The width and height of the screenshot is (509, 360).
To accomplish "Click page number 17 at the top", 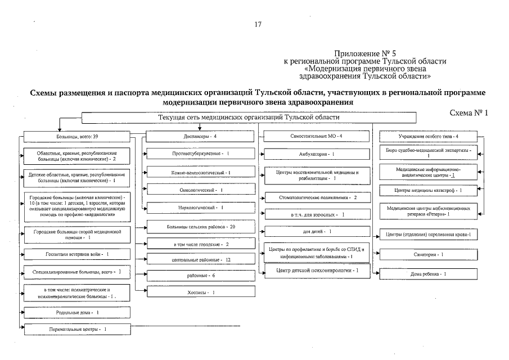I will click(258, 24).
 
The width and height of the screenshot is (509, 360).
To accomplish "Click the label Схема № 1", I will click(469, 112).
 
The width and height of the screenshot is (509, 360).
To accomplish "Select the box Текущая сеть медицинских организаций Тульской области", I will click(249, 118).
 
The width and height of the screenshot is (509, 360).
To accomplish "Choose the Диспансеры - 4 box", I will click(200, 136).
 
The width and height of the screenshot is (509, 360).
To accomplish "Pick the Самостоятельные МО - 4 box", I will click(316, 136).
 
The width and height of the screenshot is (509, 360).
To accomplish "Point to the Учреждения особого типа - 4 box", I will click(429, 136).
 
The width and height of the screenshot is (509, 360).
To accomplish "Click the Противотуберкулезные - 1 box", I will click(201, 153).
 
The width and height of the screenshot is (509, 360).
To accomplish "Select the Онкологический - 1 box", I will click(201, 190).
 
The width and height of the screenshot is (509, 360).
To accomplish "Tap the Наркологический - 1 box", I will click(201, 208).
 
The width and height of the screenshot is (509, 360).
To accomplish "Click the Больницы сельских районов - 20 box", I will click(201, 227).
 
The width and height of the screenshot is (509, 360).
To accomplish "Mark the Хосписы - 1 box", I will click(201, 292).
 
